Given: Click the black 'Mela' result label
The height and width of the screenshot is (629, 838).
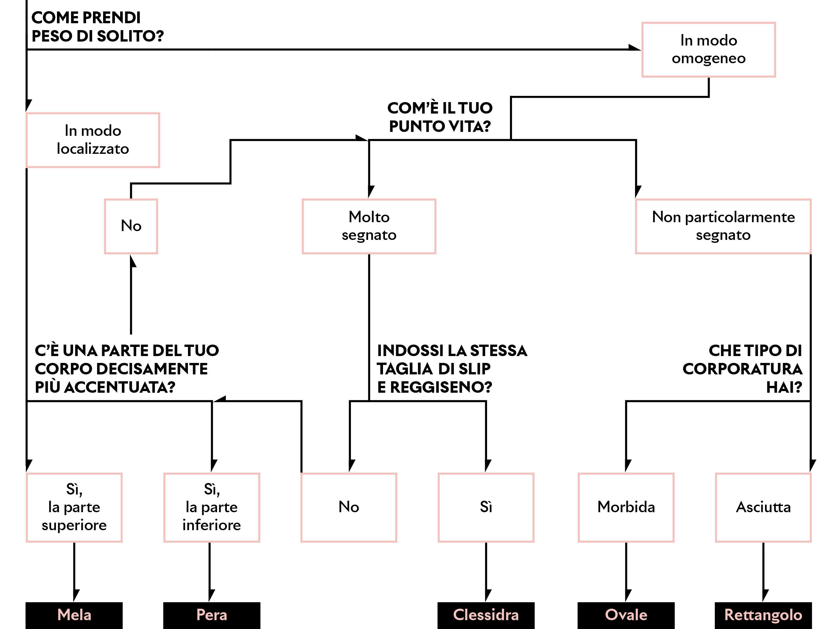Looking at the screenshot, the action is [74, 615].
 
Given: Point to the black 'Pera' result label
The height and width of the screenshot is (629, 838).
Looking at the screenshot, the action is [212, 615].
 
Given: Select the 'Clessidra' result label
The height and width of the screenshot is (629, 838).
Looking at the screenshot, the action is [486, 615].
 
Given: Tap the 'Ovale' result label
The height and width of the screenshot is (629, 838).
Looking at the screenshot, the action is [626, 615].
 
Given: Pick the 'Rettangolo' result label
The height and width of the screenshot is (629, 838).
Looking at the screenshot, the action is [763, 615].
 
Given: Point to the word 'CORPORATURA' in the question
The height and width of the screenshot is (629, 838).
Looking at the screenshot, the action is [742, 369].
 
